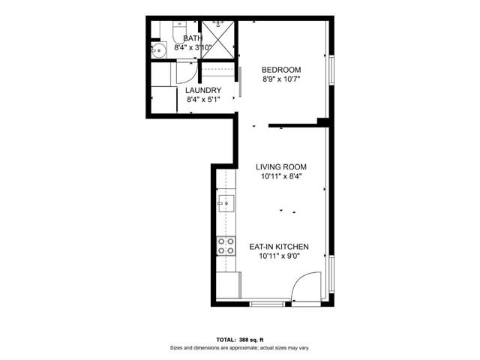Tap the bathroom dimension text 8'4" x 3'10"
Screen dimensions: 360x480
coord(193,47)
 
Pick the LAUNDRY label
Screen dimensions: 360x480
coord(203,90)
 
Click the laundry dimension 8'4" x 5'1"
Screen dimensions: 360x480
coord(203,99)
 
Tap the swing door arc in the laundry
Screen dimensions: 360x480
coord(186,73)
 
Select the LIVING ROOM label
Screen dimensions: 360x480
coord(281,167)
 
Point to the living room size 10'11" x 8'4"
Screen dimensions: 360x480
coord(281,177)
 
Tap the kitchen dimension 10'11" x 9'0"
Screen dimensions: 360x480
coord(281,256)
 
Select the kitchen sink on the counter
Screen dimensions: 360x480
coord(227,202)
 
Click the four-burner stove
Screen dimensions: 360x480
coord(226,247)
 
